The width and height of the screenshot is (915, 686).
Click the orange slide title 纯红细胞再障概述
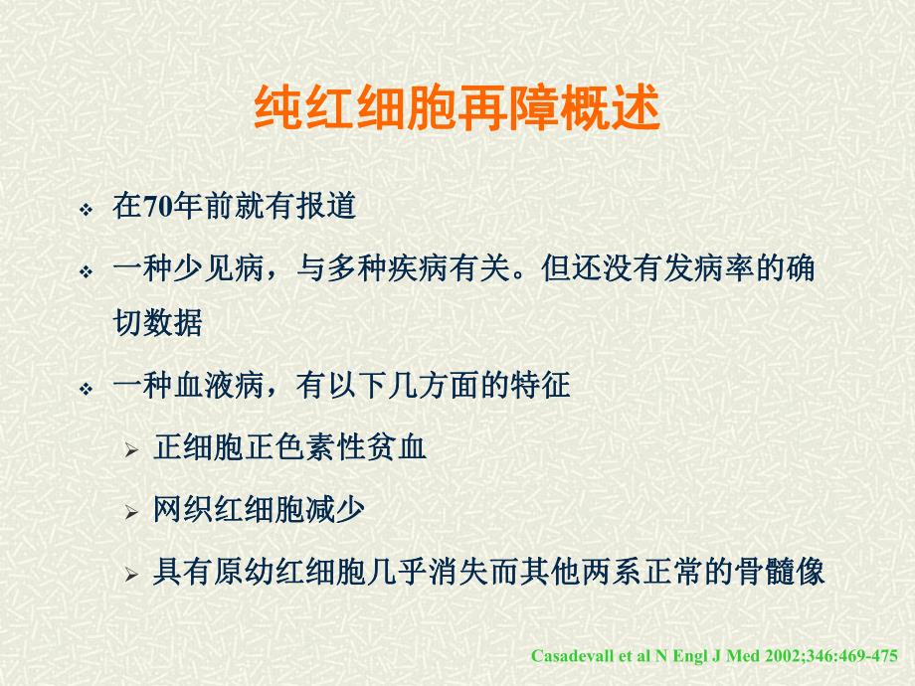pyautogui.click(x=457, y=110)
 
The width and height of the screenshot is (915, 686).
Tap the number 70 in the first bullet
pyautogui.click(x=157, y=209)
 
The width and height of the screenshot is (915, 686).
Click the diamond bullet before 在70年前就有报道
pyautogui.click(x=87, y=211)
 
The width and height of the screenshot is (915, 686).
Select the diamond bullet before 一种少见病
pyautogui.click(x=87, y=271)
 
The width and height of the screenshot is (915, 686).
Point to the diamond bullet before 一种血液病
pyautogui.click(x=87, y=388)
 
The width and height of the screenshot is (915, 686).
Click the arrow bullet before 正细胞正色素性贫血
pyautogui.click(x=131, y=450)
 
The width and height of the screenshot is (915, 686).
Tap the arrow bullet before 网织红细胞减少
pyautogui.click(x=131, y=513)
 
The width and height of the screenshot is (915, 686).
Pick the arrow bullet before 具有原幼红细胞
pyautogui.click(x=131, y=576)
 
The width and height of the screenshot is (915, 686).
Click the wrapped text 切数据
pyautogui.click(x=158, y=325)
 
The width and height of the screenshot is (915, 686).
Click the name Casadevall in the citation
pyautogui.click(x=570, y=657)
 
